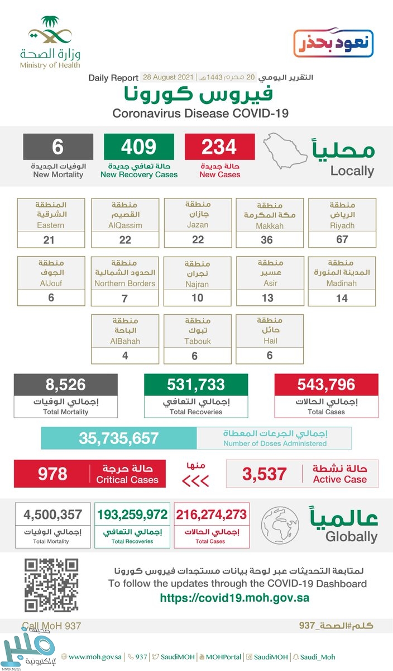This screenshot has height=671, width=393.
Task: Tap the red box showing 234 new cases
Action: pos(220,147)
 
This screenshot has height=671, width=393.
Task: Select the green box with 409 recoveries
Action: pos(138,147)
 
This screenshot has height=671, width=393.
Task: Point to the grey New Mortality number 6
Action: pos(57,147)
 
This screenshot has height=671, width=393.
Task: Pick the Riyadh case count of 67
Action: pos(342,240)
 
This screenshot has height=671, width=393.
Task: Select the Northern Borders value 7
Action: pos(124,298)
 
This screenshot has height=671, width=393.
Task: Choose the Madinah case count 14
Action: pos(342,298)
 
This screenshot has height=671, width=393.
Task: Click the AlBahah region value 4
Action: pos(124,356)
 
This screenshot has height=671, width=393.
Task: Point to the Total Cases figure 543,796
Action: pos(326,385)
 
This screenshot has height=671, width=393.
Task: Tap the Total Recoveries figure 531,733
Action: pos(195,385)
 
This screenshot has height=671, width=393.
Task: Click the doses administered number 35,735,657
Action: pos(119,438)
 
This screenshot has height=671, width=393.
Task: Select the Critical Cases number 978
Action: pos(52,474)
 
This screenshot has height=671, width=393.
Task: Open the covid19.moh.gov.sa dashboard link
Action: pos(234,598)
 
